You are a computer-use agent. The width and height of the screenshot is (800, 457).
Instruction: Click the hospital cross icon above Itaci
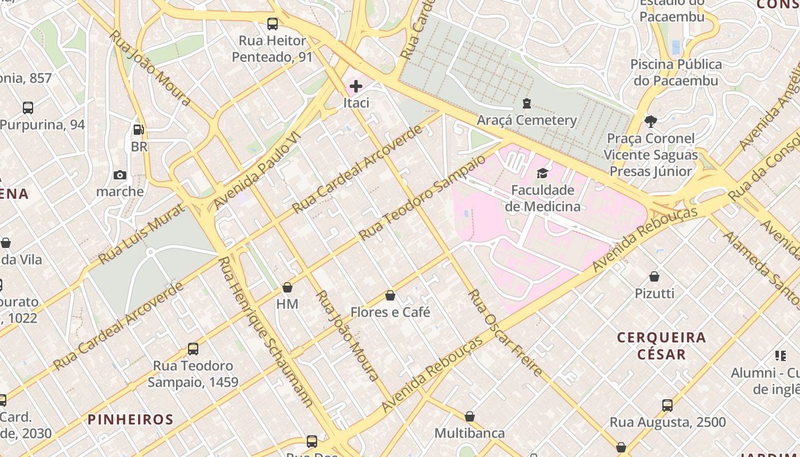click(356, 86)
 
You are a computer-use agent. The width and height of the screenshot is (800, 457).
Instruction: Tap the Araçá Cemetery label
click(527, 120)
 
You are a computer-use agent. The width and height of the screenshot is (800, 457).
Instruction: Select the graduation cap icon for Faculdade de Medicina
click(542, 173)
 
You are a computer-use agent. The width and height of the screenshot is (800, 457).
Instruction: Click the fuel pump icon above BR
click(138, 130)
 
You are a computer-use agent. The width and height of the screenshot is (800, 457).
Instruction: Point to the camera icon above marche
click(120, 175)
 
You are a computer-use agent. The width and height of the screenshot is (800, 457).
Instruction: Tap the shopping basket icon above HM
click(287, 287)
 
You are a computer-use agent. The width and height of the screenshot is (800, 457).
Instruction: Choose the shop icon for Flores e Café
click(390, 295)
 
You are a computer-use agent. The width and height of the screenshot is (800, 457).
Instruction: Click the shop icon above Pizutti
click(654, 276)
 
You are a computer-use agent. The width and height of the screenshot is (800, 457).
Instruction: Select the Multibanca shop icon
click(470, 416)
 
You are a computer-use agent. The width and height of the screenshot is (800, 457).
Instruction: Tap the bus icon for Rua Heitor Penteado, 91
click(273, 24)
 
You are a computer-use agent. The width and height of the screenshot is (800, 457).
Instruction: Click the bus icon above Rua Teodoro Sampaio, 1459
click(193, 348)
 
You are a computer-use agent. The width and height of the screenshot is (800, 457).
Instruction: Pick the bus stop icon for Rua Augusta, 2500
click(667, 406)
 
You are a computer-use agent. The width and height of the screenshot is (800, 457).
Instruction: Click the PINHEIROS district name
click(130, 419)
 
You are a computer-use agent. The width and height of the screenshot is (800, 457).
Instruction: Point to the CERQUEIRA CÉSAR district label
click(662, 346)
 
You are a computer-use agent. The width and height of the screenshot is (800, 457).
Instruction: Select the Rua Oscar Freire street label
click(505, 332)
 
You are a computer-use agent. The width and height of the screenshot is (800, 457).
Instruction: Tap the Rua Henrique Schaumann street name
click(266, 332)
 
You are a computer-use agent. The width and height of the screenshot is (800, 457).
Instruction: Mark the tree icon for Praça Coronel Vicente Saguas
click(650, 122)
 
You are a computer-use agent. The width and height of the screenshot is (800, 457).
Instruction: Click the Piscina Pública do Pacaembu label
click(676, 73)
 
